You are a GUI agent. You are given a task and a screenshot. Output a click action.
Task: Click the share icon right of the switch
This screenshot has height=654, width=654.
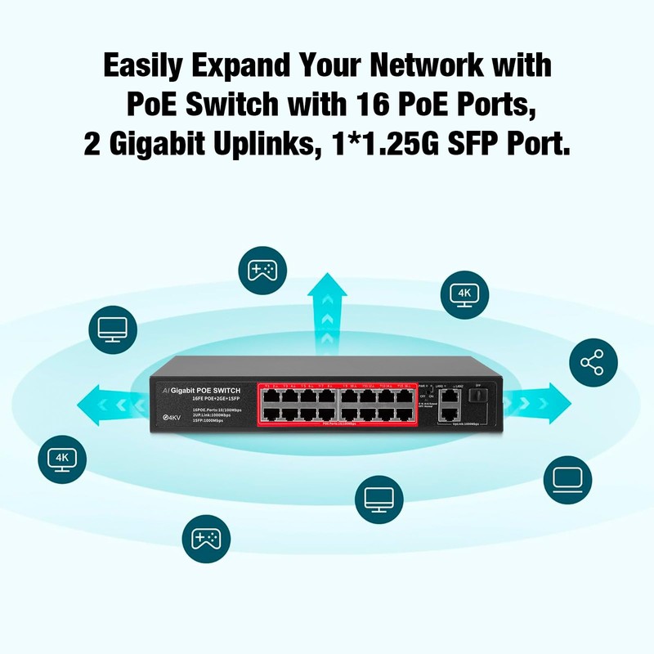point(593,363)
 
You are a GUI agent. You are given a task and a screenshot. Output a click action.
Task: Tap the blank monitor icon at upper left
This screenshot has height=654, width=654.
point(110,329)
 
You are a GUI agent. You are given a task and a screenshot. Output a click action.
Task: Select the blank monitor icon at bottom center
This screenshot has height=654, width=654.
point(378,498)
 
